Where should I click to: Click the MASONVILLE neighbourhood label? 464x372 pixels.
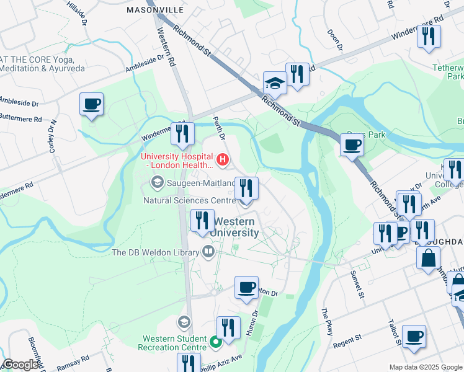click(155, 11)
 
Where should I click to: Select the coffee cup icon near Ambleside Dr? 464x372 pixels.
click(92, 104)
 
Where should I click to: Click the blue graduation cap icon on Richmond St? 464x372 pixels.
click(275, 82)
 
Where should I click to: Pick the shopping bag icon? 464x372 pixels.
click(428, 259)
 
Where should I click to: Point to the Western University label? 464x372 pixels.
click(235, 227)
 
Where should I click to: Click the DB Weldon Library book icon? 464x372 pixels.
click(208, 252)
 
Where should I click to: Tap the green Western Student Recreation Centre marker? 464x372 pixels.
click(216, 342)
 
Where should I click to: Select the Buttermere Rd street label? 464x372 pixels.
click(20, 117)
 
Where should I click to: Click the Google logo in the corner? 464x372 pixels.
click(20, 365)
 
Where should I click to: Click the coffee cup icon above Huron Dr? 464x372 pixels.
click(247, 287)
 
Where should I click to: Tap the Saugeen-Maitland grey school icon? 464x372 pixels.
click(158, 182)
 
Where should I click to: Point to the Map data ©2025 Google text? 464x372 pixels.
click(425, 367)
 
